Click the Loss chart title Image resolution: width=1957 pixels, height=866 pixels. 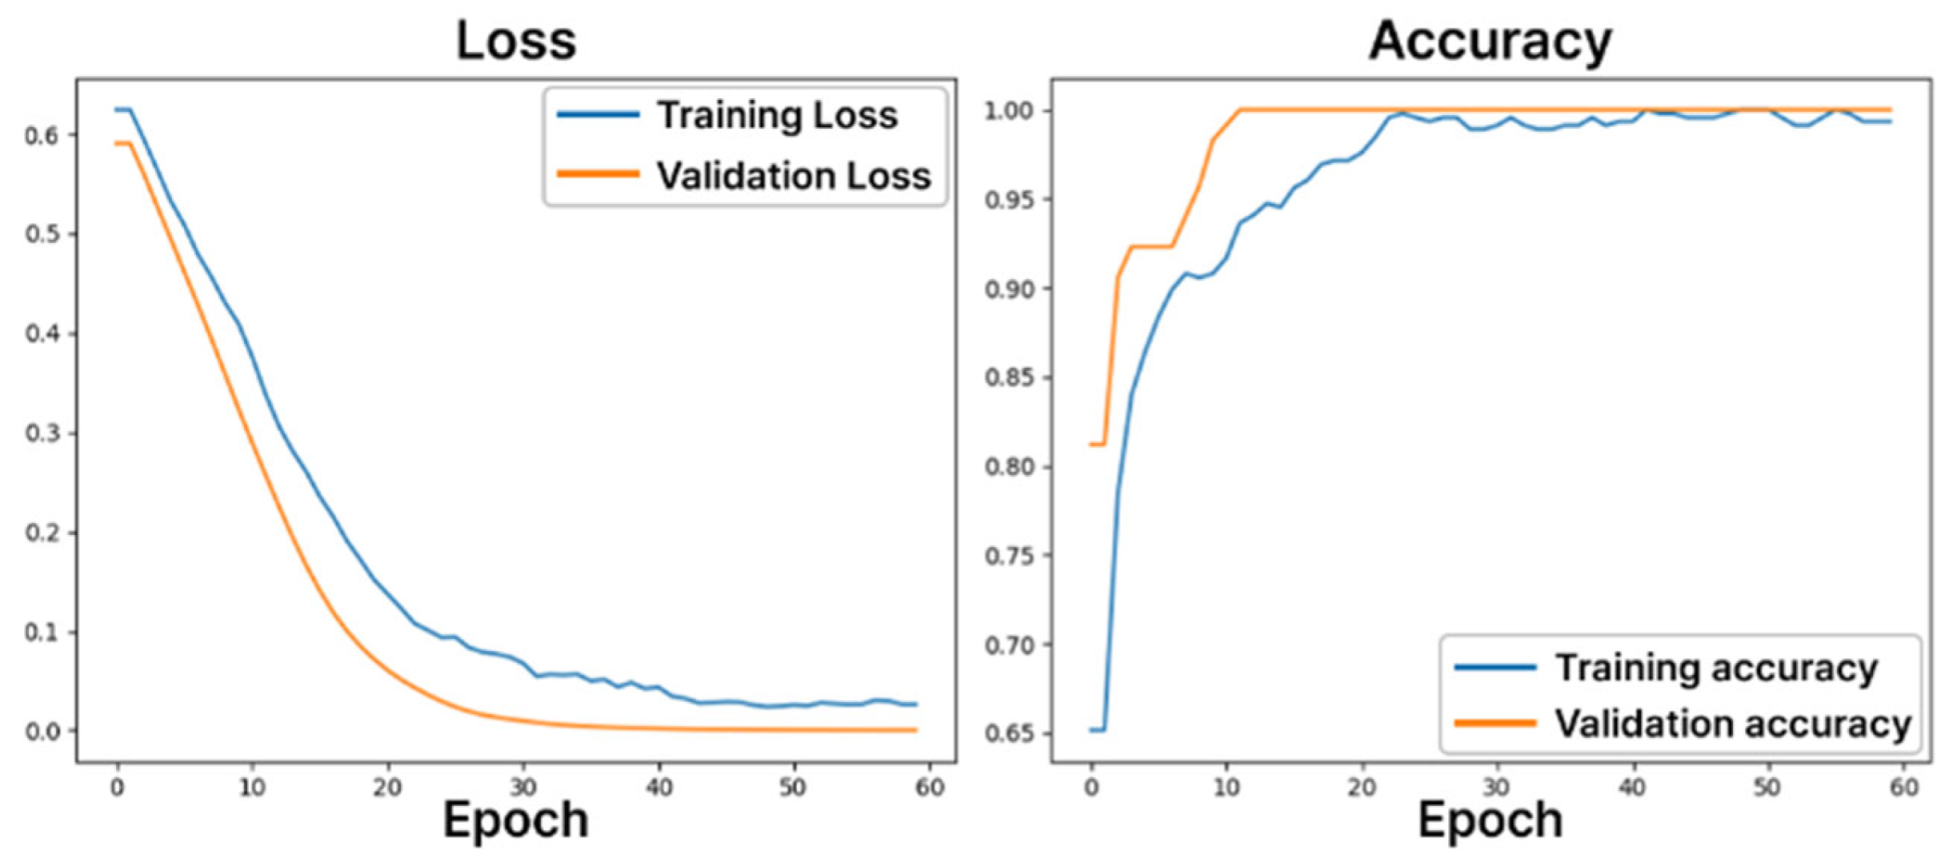tap(516, 41)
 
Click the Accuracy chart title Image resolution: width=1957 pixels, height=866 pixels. tap(1489, 41)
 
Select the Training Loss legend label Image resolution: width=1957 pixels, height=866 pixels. tap(777, 115)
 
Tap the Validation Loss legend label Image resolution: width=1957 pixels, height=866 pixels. tap(793, 176)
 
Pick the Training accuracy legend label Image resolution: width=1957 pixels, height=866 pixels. tap(1715, 667)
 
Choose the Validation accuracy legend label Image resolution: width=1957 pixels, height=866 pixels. tap(1732, 723)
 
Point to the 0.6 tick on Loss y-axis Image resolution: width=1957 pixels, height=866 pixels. tap(42, 135)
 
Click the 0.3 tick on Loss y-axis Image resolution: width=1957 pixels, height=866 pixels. tap(42, 433)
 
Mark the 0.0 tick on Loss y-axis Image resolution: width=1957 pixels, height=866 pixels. tap(42, 731)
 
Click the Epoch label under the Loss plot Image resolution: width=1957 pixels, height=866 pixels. tap(515, 820)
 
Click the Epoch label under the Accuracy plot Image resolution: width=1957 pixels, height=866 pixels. tap(1489, 820)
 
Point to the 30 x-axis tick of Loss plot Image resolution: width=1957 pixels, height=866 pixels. tap(523, 788)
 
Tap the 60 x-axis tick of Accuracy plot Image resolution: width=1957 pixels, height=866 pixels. tap(1903, 788)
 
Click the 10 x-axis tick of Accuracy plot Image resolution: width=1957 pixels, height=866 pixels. tap(1226, 788)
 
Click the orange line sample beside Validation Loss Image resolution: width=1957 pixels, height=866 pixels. tap(598, 175)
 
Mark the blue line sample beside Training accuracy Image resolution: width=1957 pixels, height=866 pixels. tap(1495, 667)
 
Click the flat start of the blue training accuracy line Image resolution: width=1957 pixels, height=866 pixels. tap(1097, 730)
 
